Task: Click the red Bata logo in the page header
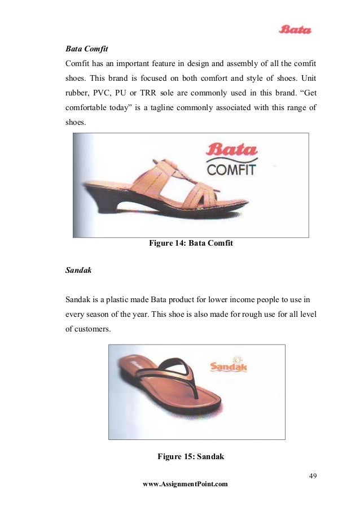tap(295, 29)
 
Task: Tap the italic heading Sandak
tap(78, 271)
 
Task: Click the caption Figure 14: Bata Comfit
tap(191, 243)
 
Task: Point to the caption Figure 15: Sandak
tap(191, 456)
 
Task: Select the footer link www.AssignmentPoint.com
tap(186, 484)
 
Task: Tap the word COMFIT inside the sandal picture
tap(231, 169)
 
